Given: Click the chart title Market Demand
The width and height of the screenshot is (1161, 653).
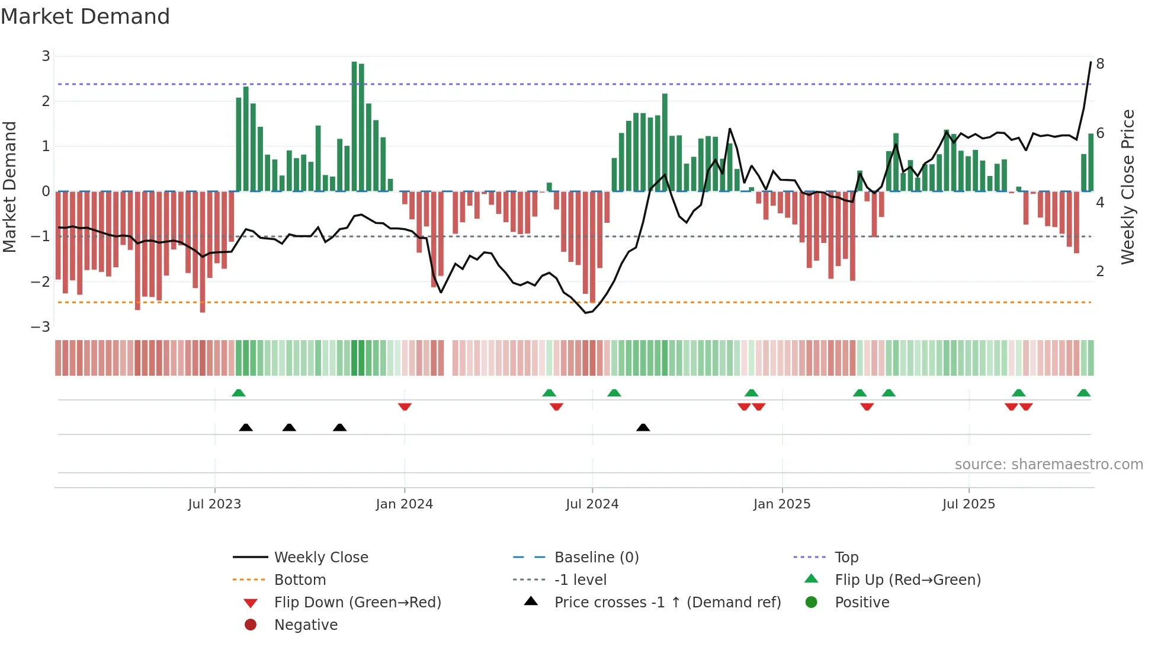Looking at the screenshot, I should [85, 17].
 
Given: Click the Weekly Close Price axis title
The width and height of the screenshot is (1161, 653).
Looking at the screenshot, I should [1127, 187].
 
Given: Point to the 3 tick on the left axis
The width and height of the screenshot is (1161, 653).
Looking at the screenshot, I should [46, 56].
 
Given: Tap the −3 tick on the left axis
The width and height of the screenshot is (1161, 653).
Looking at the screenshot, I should [41, 327].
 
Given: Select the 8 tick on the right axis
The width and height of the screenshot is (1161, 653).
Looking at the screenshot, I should [1100, 64].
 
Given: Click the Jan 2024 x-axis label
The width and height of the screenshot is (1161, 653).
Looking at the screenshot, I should [404, 504].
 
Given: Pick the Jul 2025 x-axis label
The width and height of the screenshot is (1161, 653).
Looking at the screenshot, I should [968, 504].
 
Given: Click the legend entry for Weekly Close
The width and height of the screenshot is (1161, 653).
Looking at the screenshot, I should [320, 558].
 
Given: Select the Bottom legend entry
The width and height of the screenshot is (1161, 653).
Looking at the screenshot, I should [300, 580].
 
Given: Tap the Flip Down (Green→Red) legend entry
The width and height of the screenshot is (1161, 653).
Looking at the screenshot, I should [357, 603].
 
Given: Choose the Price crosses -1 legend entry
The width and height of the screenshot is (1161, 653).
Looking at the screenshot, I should [667, 603].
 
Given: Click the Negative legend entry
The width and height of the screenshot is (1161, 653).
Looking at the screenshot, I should [306, 625].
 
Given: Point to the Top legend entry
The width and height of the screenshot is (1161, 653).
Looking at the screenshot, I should [846, 558].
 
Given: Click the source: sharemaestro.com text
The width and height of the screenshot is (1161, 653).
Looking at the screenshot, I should [1048, 465].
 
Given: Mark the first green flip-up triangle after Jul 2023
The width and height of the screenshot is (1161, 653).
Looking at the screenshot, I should [239, 393].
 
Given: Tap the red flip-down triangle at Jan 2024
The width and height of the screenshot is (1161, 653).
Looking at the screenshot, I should [405, 406].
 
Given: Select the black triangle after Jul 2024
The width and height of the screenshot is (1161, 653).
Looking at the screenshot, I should [643, 427].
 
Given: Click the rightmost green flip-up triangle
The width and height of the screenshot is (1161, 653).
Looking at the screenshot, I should [1083, 393].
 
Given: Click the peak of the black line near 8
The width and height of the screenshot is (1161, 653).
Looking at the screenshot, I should [1091, 62].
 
